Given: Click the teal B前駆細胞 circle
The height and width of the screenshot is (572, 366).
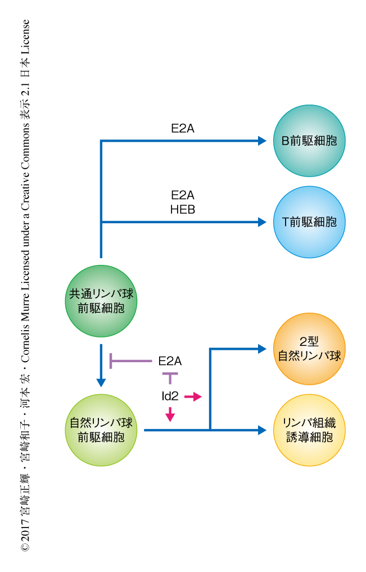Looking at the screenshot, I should (309, 141).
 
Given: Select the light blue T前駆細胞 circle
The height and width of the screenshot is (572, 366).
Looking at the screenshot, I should (309, 222).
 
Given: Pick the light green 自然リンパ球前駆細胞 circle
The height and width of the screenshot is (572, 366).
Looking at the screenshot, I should (101, 430).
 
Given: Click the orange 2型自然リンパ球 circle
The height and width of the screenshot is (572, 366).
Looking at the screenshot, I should (309, 349).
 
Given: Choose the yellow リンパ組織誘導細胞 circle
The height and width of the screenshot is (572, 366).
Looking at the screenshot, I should (309, 430).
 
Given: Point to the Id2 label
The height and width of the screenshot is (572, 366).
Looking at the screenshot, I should (170, 397).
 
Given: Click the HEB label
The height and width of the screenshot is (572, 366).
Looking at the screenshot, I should (183, 209).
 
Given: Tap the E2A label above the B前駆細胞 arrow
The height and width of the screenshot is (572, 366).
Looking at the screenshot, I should (183, 128).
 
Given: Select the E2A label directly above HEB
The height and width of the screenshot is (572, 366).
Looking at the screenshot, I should (183, 196).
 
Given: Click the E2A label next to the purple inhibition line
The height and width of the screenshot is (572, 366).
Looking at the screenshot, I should (170, 361).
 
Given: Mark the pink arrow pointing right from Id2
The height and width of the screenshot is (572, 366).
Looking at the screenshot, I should (193, 397).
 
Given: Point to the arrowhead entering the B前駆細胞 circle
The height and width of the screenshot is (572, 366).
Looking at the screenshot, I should (262, 141).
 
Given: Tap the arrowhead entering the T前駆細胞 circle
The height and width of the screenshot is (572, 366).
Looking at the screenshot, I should (262, 222).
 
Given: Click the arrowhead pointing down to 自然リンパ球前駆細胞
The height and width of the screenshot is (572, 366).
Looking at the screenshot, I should (101, 382).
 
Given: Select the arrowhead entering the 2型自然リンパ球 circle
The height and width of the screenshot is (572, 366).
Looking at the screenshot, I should (262, 349).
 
